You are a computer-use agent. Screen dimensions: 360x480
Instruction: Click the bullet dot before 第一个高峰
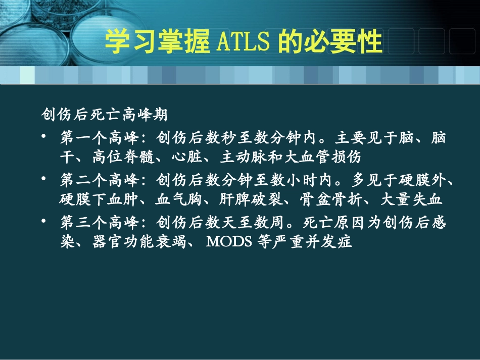[45, 137]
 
